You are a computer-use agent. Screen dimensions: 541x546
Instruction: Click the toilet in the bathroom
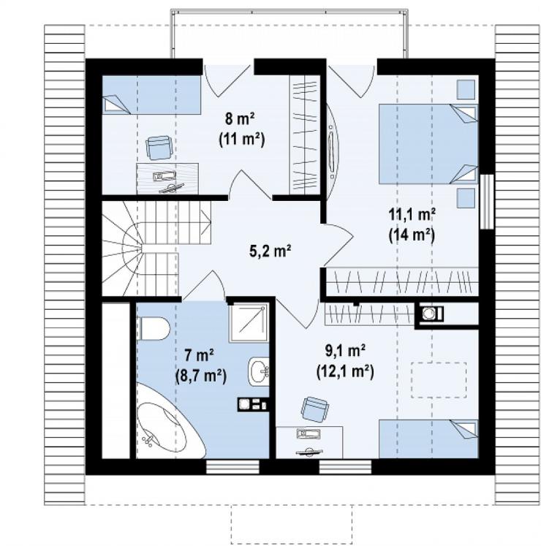pos(153,328)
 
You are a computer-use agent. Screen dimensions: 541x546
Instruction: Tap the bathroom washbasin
pos(259,371)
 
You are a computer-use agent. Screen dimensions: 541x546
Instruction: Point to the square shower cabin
pos(249,322)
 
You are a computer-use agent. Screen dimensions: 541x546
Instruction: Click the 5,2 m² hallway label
pos(270,251)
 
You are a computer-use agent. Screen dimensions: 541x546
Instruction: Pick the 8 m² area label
pos(240,119)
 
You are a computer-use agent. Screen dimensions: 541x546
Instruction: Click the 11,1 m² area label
pos(412,214)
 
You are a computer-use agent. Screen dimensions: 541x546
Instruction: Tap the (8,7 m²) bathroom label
pos(200,376)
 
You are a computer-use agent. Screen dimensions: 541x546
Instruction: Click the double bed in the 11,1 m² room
pos(428,143)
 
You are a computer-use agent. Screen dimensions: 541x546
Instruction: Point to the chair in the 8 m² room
pos(159,147)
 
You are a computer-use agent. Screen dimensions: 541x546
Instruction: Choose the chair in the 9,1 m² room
pos(314,409)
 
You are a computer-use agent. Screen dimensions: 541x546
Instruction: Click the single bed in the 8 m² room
pos(151,95)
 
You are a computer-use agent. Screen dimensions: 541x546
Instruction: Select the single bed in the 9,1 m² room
pos(428,439)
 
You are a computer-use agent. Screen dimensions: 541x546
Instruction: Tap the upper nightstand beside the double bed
pos(466,89)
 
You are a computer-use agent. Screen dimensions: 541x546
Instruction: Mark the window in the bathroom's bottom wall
pos(232,467)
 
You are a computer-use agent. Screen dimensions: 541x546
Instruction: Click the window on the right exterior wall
pos(487,202)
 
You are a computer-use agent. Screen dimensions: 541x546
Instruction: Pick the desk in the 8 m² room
pos(167,178)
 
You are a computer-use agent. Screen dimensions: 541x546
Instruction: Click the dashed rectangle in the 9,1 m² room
pos(439,380)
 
